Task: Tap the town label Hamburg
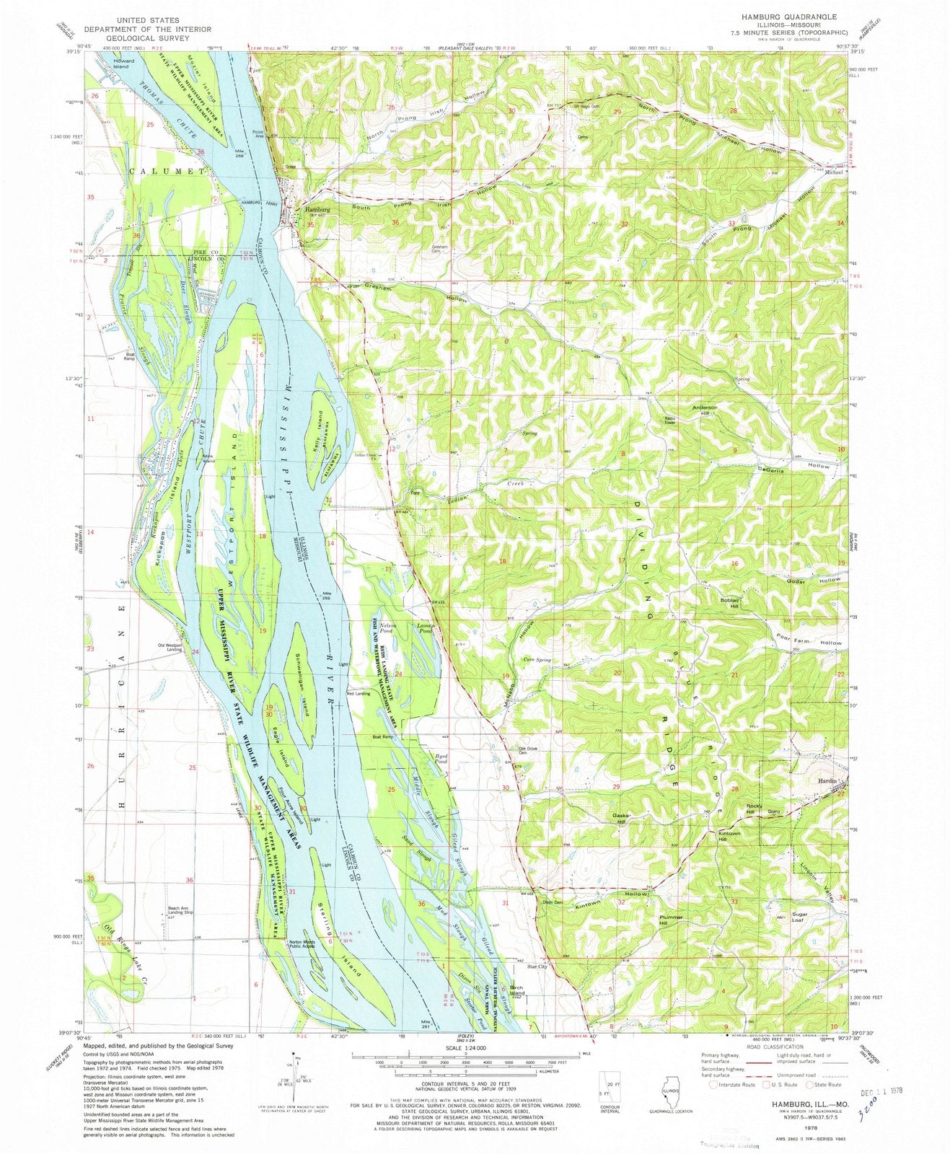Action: (312, 210)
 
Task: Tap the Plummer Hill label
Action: (670, 920)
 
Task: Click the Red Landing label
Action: (359, 694)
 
